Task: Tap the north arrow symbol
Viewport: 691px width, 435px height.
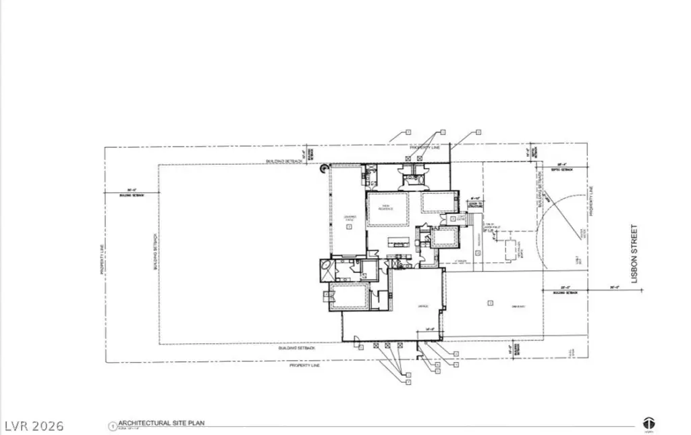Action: click(649, 424)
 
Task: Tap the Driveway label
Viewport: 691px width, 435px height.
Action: click(518, 307)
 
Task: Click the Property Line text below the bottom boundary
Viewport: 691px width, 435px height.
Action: click(304, 365)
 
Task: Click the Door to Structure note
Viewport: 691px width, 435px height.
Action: click(474, 203)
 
